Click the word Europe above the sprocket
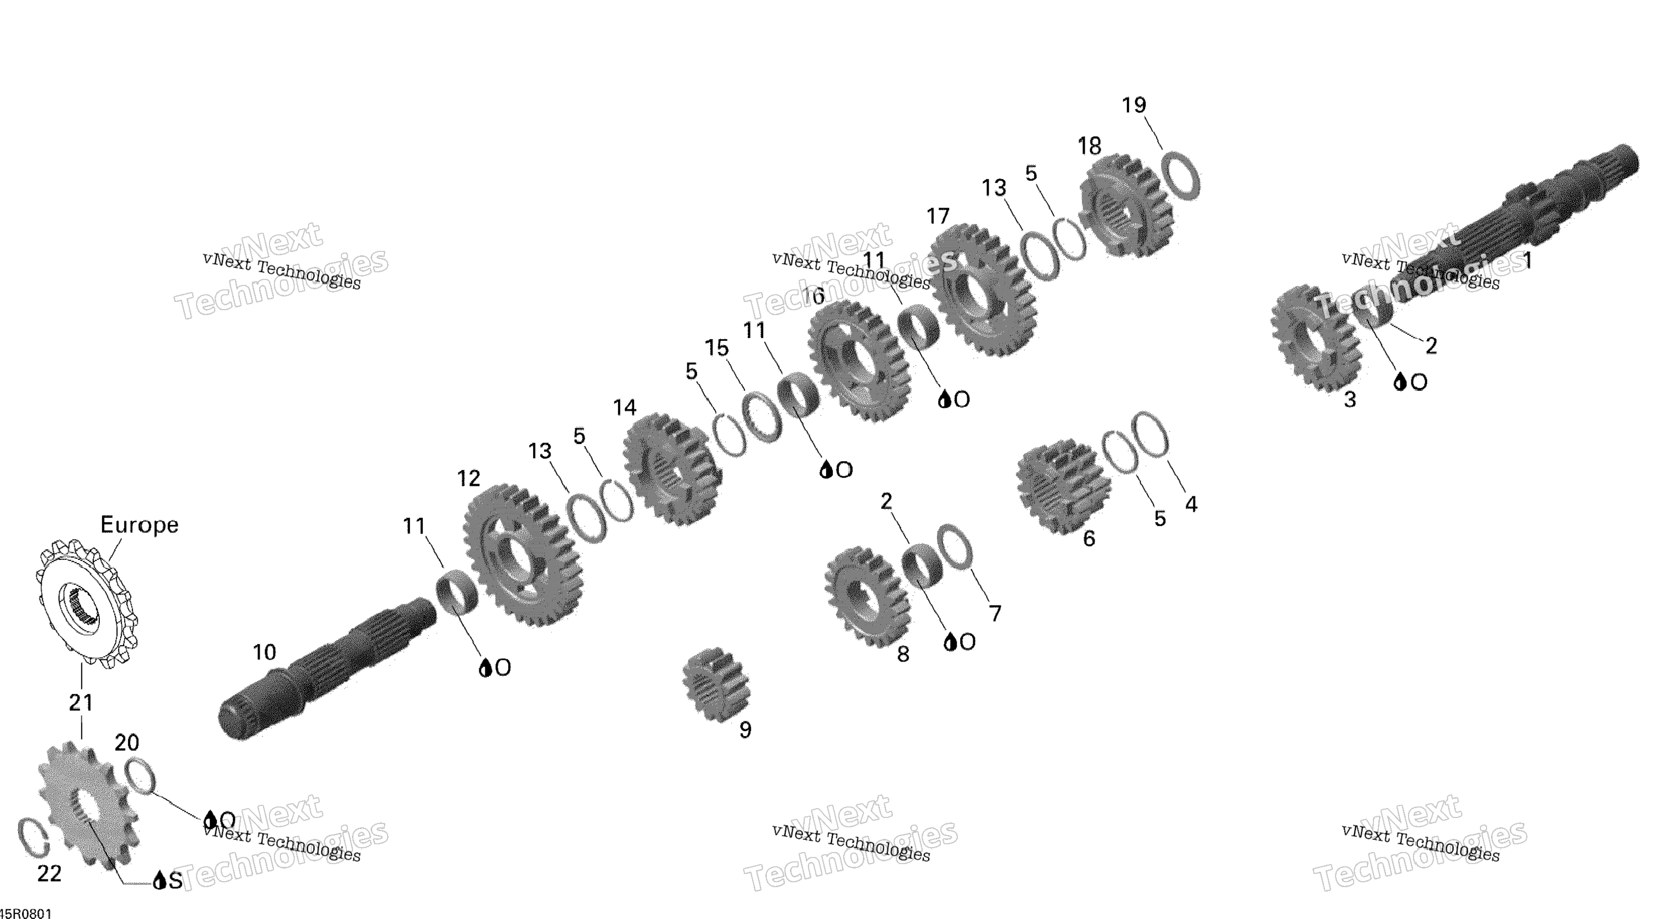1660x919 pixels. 139,525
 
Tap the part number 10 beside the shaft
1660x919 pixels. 264,652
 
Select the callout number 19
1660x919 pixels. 1134,105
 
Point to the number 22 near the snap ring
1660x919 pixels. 49,873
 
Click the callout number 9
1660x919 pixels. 745,730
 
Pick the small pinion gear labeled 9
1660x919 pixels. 716,685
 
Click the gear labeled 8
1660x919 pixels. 866,597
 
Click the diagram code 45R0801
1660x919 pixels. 26,913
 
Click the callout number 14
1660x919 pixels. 625,407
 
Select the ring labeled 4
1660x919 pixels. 1149,434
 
